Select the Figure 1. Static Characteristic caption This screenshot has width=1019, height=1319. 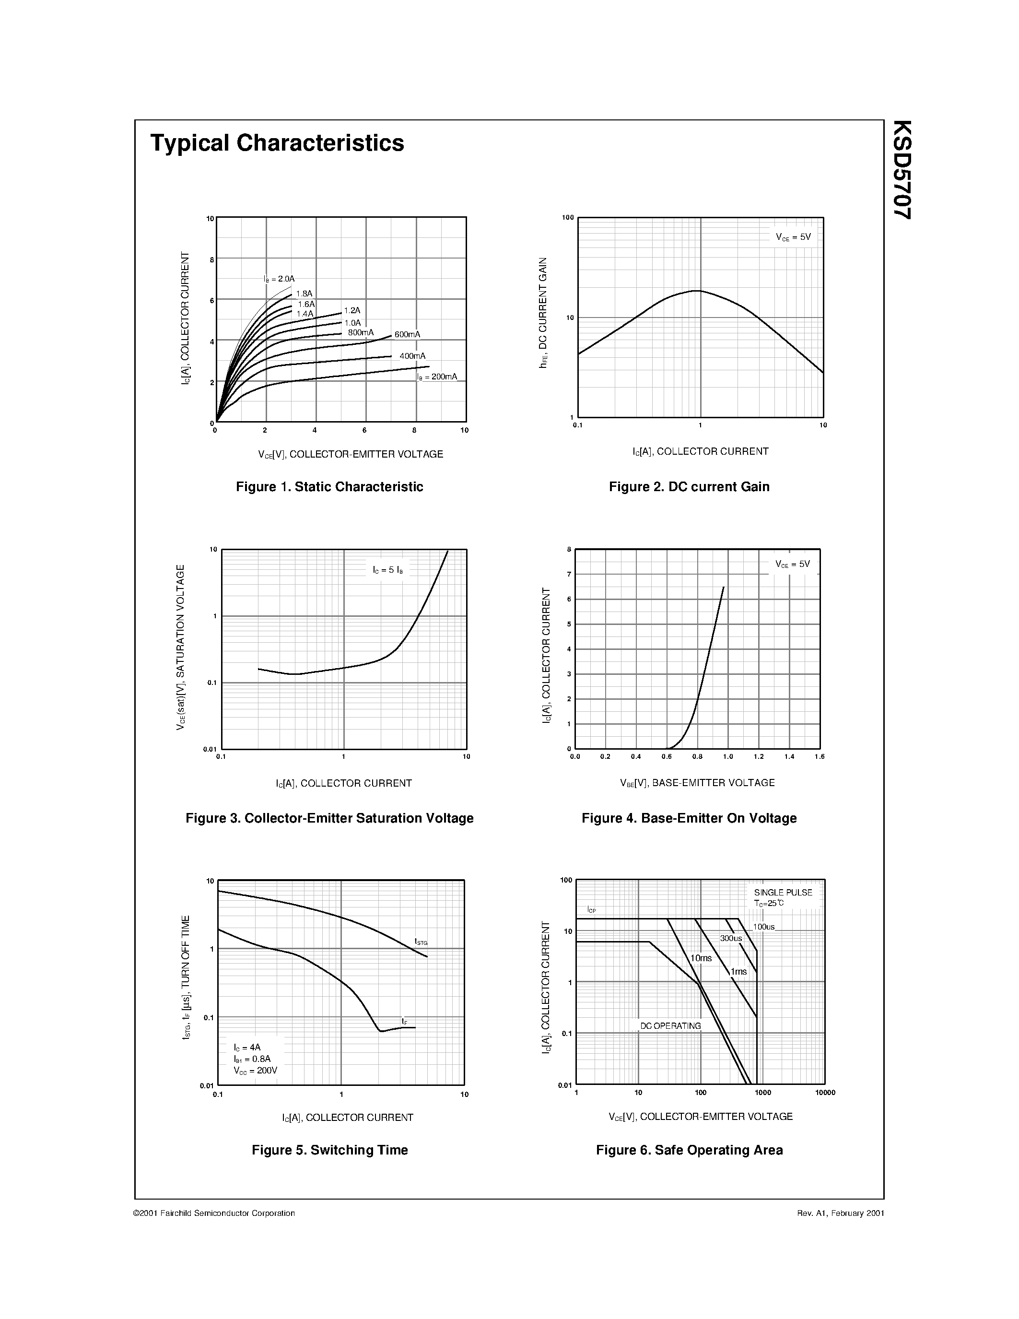coord(329,487)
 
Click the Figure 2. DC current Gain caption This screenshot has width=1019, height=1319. coord(689,487)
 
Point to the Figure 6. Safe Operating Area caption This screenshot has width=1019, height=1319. coord(689,1150)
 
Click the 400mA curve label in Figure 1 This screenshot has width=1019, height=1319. coord(412,356)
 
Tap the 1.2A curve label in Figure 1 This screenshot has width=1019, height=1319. coord(352,310)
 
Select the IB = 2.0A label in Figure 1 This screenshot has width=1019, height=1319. coord(279,279)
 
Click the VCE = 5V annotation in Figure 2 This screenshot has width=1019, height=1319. coord(793,237)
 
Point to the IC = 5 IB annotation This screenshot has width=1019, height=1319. coord(387,569)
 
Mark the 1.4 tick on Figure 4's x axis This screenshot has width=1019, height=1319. coord(789,757)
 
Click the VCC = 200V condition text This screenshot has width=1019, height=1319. coord(256,1071)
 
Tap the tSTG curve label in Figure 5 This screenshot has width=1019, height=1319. coord(421,942)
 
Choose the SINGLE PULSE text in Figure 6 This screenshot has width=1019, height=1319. coord(783,893)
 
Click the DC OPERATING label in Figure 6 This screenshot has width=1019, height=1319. coord(671,1026)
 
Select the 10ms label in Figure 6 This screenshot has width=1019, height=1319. coord(701,958)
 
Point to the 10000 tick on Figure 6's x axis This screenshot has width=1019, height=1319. coord(825,1093)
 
